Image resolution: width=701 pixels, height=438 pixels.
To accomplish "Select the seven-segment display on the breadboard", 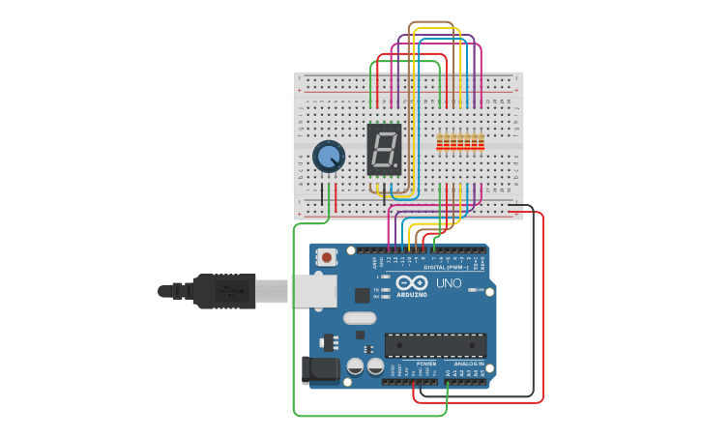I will tap(384, 149).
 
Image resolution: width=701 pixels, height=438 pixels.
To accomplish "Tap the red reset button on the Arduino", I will tap(328, 257).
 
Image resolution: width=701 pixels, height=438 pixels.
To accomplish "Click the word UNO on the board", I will tap(449, 283).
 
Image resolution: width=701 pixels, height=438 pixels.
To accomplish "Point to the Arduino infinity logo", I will tap(411, 282).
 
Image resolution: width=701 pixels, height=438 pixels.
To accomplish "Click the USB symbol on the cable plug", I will tap(224, 289).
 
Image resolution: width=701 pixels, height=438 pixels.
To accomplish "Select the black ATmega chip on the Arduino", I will tap(435, 345).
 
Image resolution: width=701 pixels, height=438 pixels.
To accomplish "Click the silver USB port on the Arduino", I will tap(312, 289).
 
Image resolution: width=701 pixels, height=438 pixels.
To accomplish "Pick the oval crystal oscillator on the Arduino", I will tap(359, 318).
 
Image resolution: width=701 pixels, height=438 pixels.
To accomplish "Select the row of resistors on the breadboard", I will tap(459, 143).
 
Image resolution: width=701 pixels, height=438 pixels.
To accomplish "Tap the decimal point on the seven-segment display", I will tap(394, 165).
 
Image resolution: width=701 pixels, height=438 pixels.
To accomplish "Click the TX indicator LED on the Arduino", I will tap(386, 289).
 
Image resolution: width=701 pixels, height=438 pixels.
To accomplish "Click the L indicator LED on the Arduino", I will tap(386, 277).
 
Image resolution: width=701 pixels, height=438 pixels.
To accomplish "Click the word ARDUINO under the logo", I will tap(411, 294).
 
